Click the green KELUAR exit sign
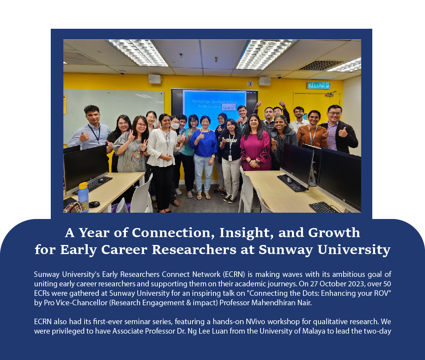[318, 85]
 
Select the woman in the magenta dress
[255, 146]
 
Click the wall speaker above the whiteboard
[155, 79]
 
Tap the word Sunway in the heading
[301, 249]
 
